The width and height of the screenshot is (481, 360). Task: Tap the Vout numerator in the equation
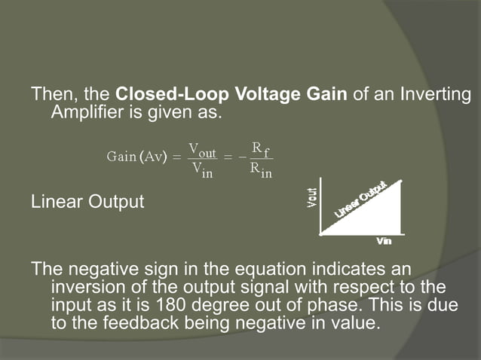(201, 151)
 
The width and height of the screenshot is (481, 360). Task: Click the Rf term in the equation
(262, 150)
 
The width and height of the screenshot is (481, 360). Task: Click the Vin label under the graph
(384, 241)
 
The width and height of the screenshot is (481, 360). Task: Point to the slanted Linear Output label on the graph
(360, 200)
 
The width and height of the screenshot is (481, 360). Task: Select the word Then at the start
(51, 96)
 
